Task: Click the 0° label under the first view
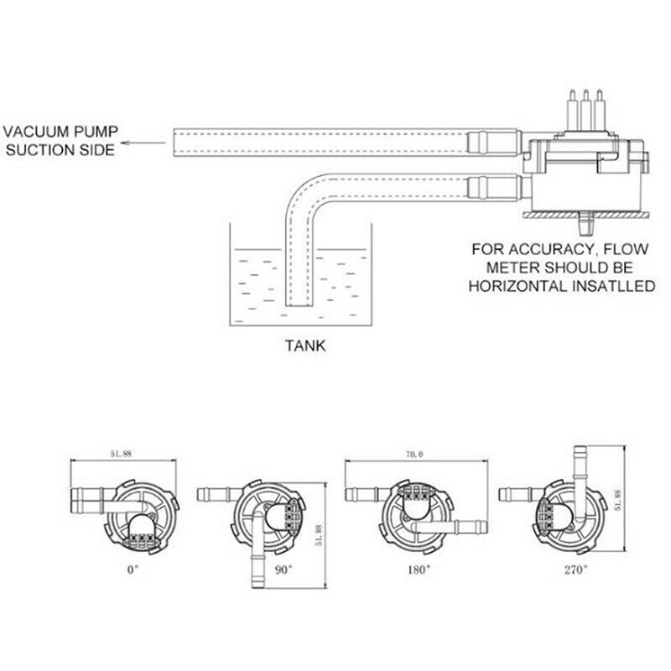tap(131, 568)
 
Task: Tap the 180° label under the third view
tap(418, 568)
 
